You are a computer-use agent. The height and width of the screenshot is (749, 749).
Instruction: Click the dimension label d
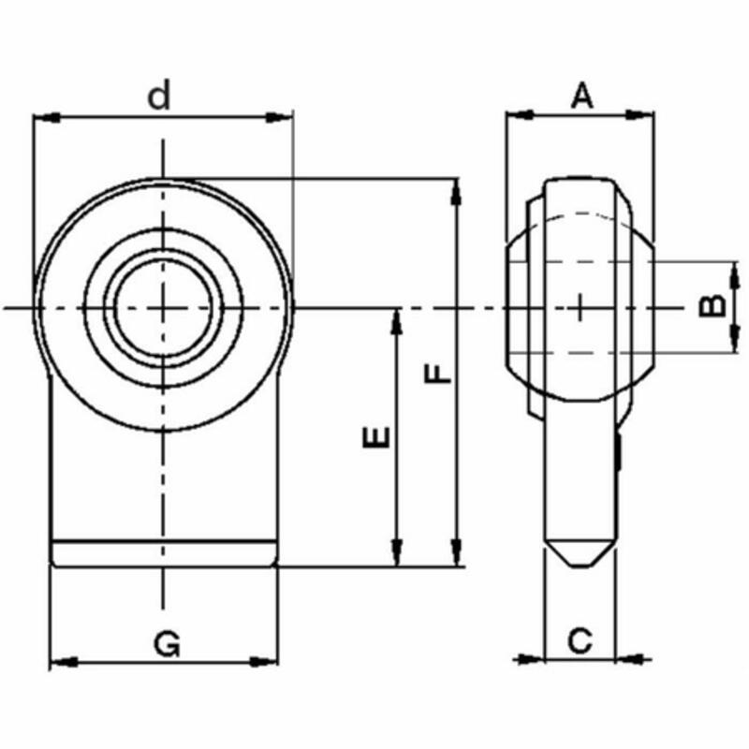click(x=162, y=95)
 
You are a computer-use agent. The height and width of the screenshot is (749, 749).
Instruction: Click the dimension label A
click(x=582, y=95)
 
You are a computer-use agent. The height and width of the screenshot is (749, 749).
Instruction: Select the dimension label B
click(x=713, y=305)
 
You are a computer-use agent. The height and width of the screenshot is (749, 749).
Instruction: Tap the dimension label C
click(x=580, y=641)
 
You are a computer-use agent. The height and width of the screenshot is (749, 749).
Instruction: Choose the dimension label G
click(x=166, y=643)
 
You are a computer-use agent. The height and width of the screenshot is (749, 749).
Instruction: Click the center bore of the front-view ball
click(x=164, y=307)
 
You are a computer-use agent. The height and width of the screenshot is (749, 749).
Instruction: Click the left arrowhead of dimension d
click(x=45, y=117)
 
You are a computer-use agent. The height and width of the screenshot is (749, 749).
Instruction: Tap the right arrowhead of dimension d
click(x=280, y=117)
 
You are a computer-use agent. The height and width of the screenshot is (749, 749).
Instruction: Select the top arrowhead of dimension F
click(x=456, y=193)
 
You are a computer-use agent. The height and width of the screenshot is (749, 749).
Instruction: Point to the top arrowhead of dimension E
click(x=397, y=322)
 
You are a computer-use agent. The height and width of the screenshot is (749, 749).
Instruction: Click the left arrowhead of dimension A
click(x=518, y=115)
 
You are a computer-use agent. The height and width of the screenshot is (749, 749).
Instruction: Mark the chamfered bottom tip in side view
click(x=580, y=555)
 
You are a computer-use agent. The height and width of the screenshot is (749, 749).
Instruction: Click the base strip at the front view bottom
click(x=164, y=553)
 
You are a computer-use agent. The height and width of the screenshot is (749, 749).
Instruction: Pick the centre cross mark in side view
click(x=580, y=306)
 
